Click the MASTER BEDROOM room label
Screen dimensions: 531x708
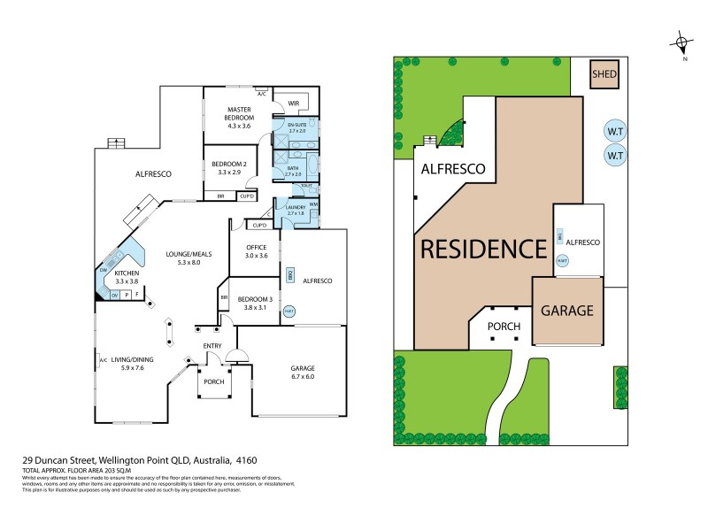point(239,113)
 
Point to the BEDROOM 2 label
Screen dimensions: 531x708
point(228,164)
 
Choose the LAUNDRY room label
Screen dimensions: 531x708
point(296,207)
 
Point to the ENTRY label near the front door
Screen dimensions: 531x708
point(212,345)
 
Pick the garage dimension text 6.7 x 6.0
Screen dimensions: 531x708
point(303,377)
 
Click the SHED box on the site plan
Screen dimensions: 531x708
point(604,74)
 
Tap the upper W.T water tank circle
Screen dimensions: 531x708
point(614,131)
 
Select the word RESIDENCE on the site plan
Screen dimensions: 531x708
point(483,249)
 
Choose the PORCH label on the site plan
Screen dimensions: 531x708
point(504,327)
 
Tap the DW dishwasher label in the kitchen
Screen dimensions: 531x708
point(104,270)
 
